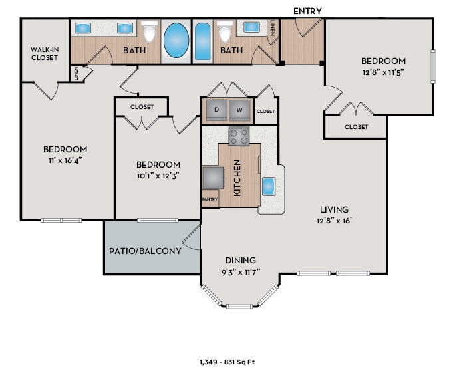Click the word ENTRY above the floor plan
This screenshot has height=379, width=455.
[307, 11]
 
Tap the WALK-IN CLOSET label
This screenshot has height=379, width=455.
[44, 53]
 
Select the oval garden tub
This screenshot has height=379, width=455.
[176, 39]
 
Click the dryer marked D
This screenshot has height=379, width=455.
[216, 110]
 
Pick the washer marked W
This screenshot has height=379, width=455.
[239, 110]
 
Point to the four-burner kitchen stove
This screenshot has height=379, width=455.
[239, 136]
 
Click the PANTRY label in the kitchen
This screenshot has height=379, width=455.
[210, 199]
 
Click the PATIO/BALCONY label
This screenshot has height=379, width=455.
[145, 251]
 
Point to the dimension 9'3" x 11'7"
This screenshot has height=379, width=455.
[241, 272]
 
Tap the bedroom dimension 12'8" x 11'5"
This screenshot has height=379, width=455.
[383, 72]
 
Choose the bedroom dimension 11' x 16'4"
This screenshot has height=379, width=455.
[65, 160]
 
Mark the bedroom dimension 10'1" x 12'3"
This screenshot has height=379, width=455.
[158, 176]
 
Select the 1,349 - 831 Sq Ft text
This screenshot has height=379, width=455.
[227, 362]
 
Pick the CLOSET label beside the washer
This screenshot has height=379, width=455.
[265, 112]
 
